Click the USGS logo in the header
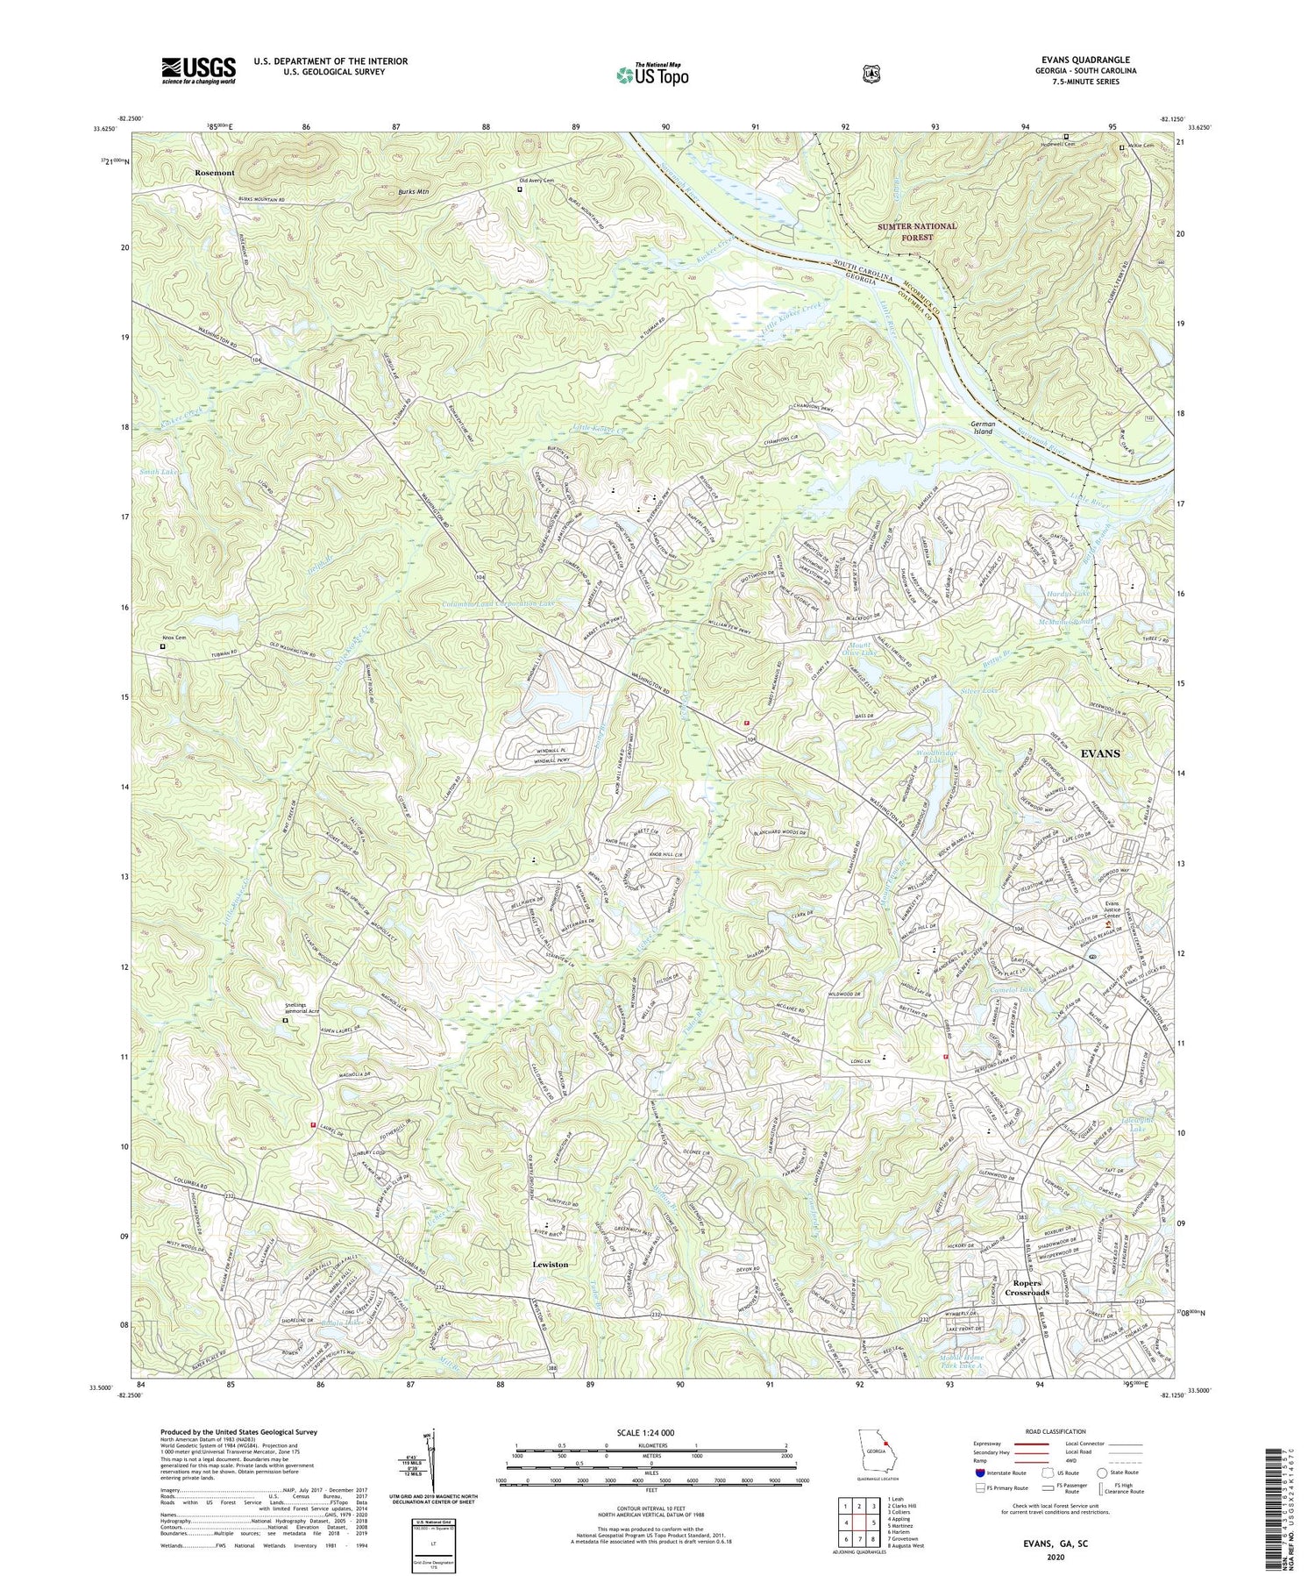point(198,70)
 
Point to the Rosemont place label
point(215,173)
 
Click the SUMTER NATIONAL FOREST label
point(918,232)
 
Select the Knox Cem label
point(174,637)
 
